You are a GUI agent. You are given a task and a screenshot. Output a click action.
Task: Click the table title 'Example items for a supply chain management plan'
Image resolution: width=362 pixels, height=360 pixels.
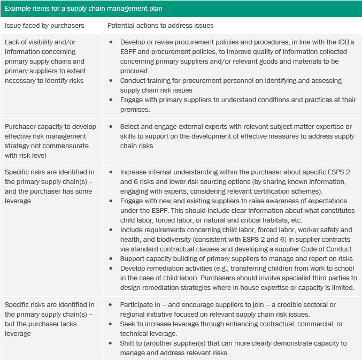tap(83, 9)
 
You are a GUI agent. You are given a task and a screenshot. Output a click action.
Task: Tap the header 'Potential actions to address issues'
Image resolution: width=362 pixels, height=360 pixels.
tap(160, 26)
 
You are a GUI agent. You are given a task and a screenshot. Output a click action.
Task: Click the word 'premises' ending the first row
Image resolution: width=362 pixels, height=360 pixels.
tap(135, 109)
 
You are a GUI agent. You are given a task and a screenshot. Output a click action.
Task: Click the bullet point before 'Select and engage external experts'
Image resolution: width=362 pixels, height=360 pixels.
tap(111, 127)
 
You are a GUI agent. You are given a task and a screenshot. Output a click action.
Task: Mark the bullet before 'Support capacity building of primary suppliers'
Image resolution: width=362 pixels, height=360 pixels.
tap(111, 259)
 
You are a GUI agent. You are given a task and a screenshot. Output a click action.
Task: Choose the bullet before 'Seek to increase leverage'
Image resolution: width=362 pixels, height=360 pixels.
tap(111, 324)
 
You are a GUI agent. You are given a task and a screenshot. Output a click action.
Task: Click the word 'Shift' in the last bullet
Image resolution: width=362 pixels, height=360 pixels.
tap(128, 343)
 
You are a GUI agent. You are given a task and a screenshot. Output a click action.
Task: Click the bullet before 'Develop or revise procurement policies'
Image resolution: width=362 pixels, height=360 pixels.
tap(111, 42)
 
